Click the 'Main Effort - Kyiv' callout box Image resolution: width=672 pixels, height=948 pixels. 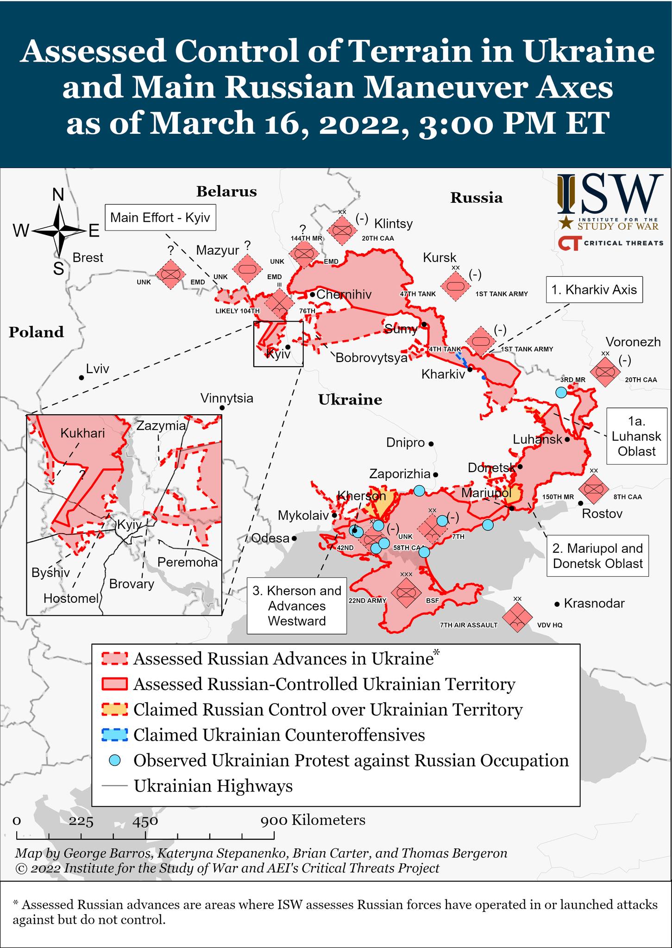160,217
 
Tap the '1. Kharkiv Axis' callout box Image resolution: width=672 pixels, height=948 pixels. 594,290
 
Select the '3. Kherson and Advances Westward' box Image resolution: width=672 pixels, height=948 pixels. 297,605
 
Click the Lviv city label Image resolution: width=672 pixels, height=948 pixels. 98,368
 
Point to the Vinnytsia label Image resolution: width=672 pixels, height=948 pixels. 227,398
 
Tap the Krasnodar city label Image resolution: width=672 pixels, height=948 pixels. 594,603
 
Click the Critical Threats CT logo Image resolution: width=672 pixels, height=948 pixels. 569,243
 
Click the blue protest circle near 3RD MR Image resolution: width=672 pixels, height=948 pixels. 561,392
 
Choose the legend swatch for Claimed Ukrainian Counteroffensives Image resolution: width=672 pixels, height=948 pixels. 114,735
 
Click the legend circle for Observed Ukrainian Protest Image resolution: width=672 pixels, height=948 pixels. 114,760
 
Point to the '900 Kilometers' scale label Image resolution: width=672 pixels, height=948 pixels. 313,820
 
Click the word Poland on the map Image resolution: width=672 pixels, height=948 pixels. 36,332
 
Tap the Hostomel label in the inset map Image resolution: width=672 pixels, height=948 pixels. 71,598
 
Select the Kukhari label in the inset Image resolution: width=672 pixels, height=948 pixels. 82,433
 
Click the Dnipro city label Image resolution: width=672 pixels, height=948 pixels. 405,443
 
